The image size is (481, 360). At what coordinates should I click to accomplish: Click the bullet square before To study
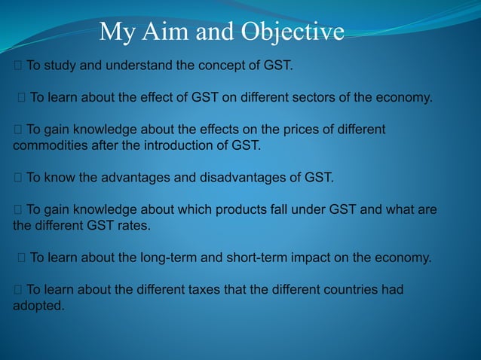click(17, 66)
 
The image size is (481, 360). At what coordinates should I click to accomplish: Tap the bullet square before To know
click(17, 178)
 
